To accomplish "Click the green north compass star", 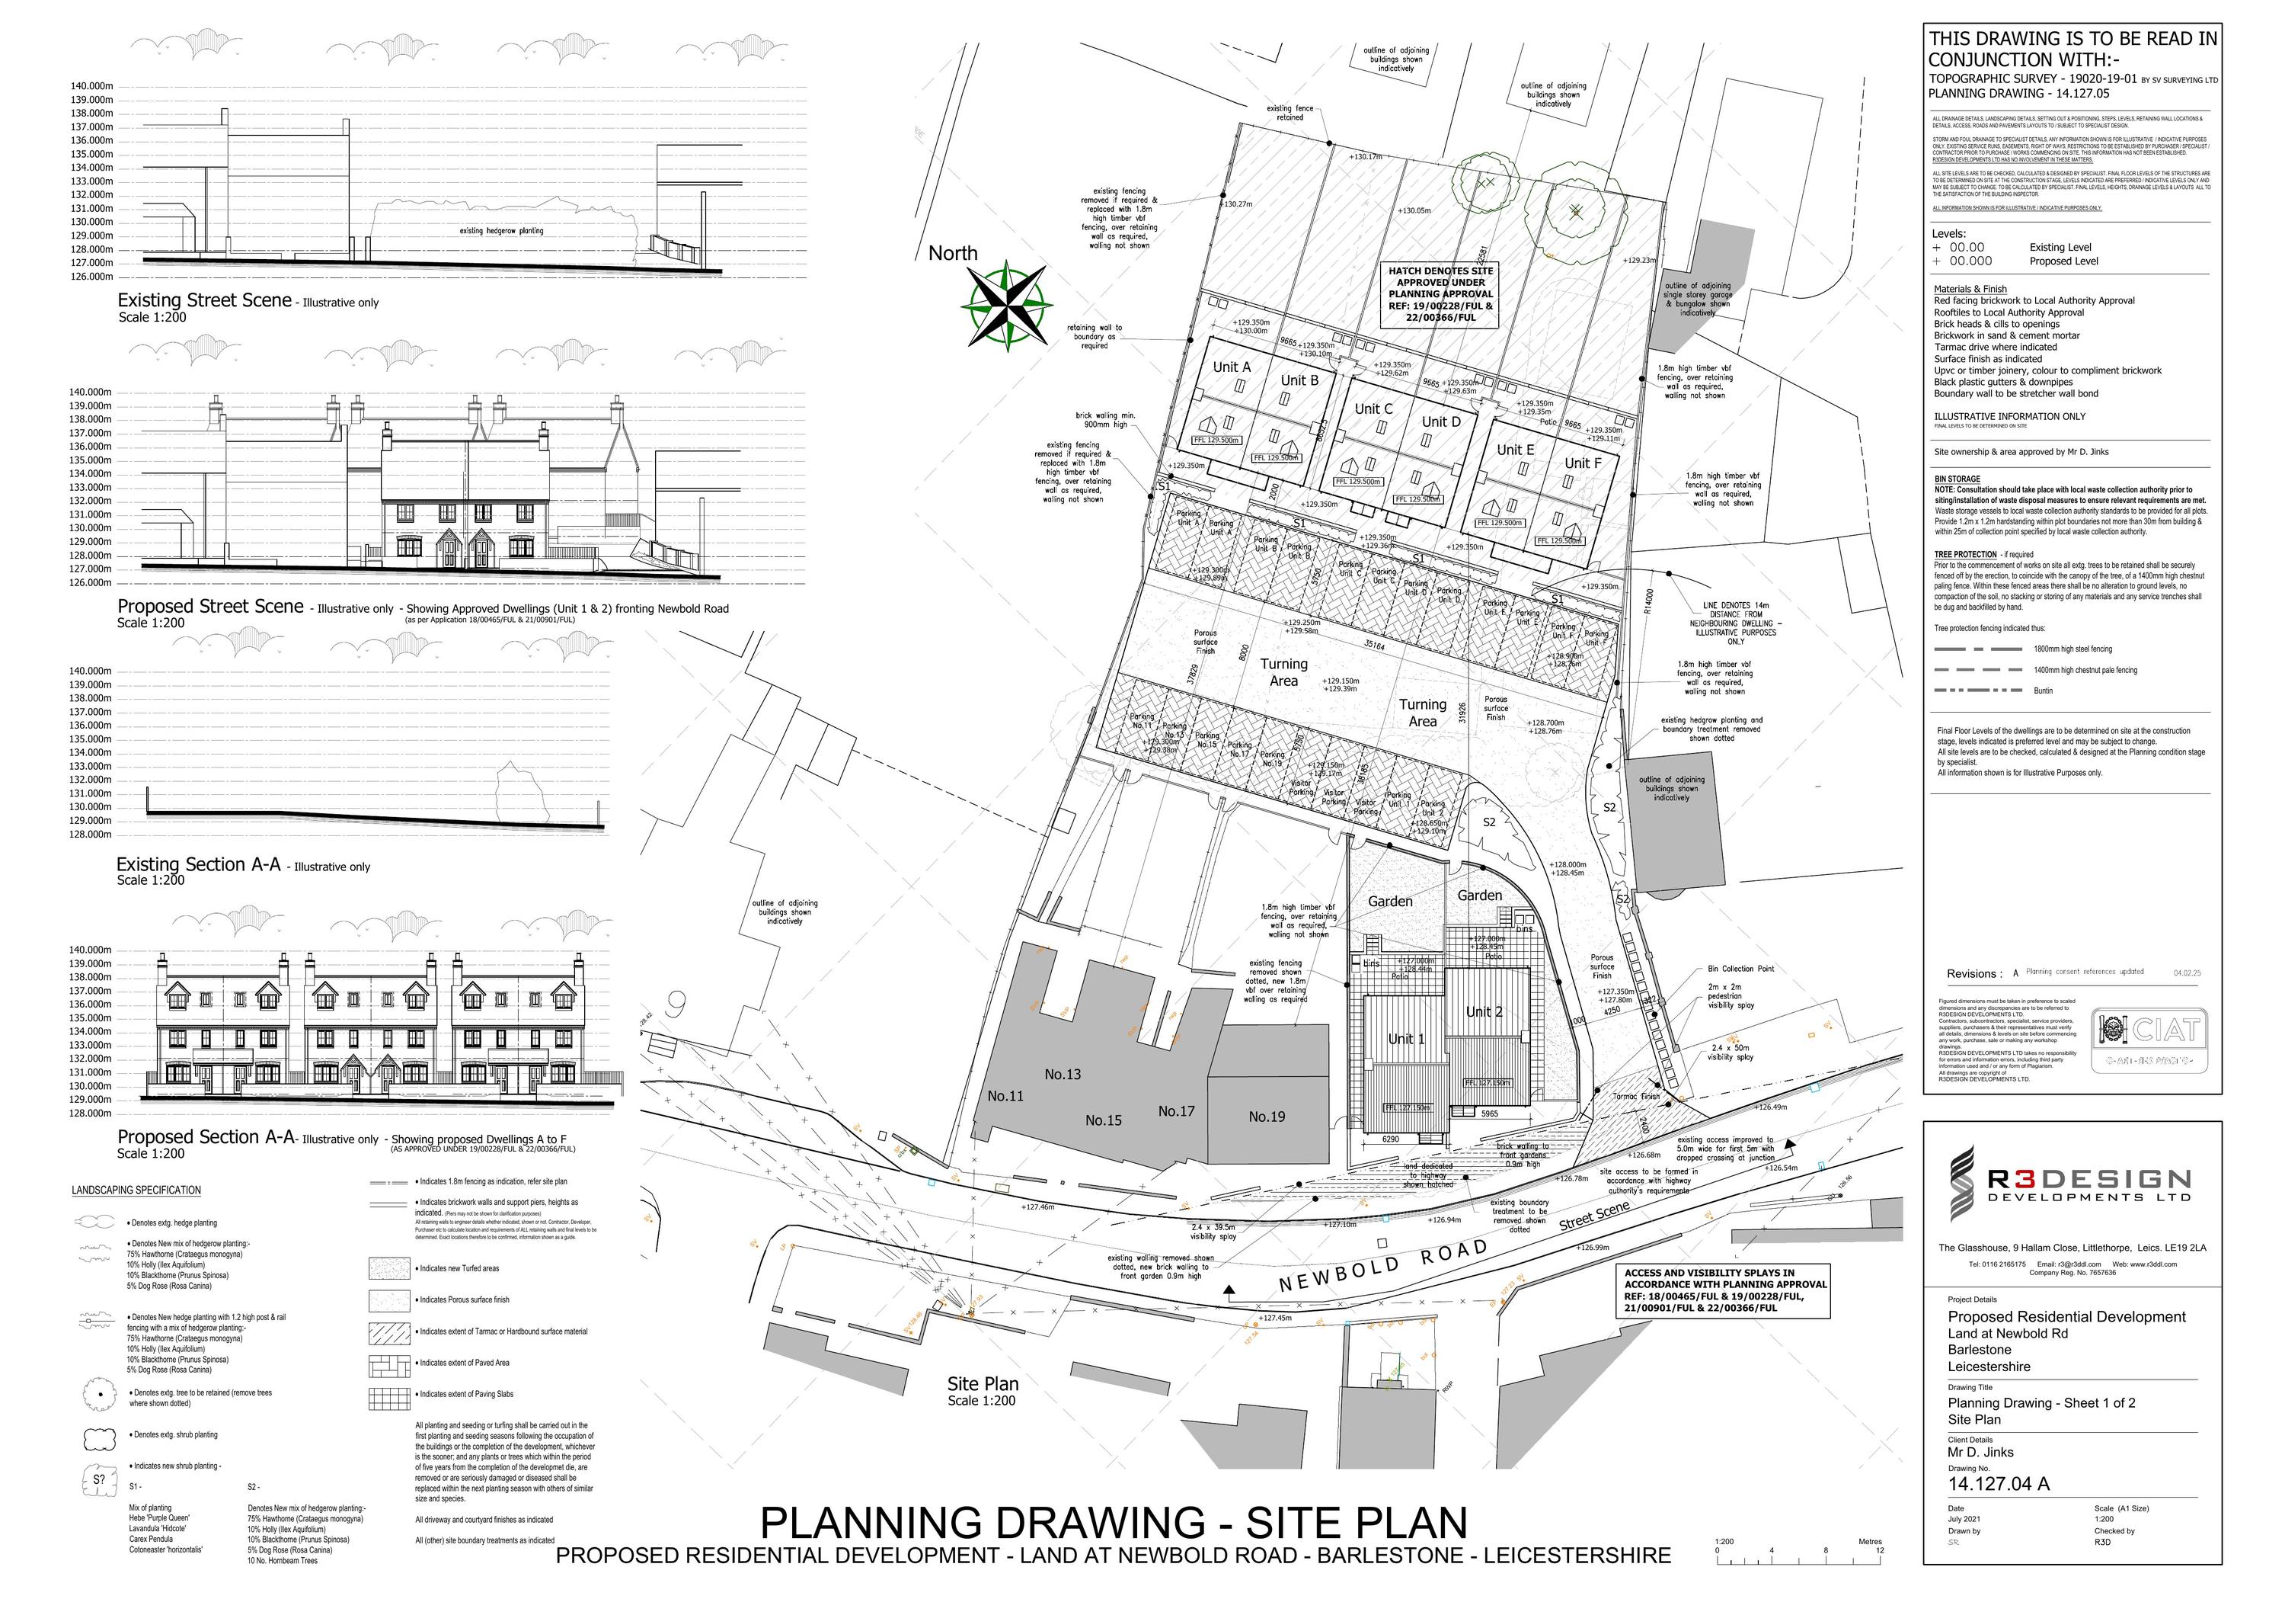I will coord(1007,306).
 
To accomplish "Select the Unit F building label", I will coord(1583,463).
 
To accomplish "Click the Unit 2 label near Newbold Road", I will coord(1483,1011).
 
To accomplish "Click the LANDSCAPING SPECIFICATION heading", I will coord(136,1190).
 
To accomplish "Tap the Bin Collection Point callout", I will coord(1740,969).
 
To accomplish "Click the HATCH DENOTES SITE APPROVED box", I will coord(1440,293).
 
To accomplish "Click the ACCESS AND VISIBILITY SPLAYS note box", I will coord(1724,1290).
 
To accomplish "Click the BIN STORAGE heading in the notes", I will coord(1957,479).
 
